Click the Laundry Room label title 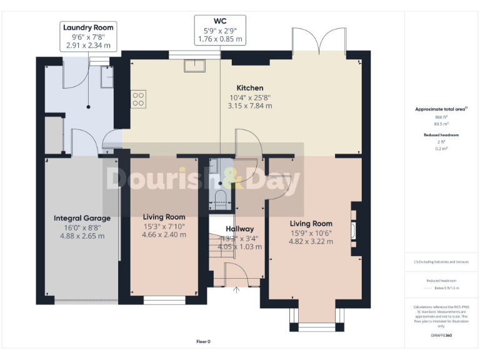(x=89, y=27)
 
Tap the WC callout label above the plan (x=220, y=21)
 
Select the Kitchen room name (x=249, y=88)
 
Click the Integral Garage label (x=82, y=218)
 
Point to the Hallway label (x=239, y=229)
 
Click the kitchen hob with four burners (x=138, y=99)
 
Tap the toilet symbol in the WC (x=219, y=199)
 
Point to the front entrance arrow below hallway (x=236, y=289)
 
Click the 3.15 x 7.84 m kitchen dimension (x=249, y=106)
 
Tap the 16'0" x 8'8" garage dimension (x=82, y=227)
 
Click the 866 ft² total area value (x=441, y=117)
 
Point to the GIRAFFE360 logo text (x=441, y=336)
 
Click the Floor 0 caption (x=204, y=341)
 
